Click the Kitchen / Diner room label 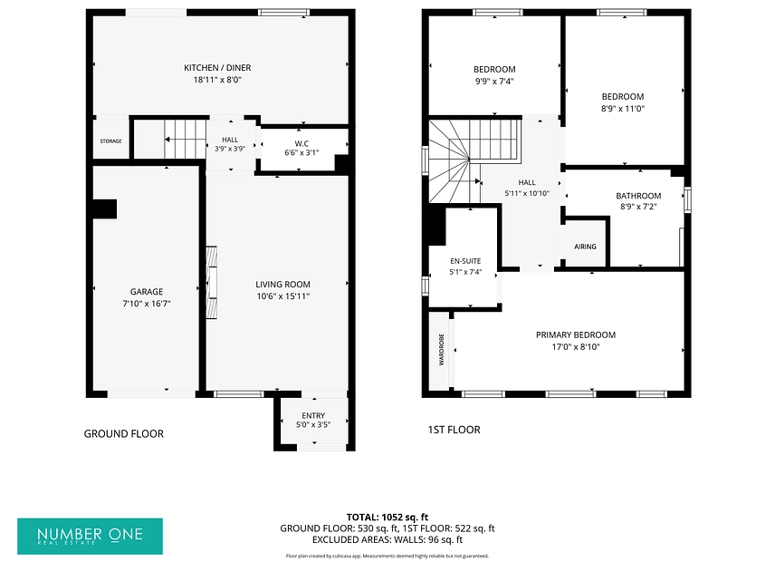217,68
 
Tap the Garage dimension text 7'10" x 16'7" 147,304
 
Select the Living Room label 282,285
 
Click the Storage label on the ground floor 110,141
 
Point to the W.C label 301,143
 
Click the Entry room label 313,415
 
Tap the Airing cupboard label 585,247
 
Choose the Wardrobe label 442,349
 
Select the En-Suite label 465,261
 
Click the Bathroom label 638,196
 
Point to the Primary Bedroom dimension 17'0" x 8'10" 576,347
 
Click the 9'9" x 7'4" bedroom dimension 494,82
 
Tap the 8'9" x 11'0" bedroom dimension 623,109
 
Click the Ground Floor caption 123,434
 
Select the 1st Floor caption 454,430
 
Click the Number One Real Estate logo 90,537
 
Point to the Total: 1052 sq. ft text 387,518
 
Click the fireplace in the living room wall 212,282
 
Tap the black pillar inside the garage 105,208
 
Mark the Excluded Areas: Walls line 387,539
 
